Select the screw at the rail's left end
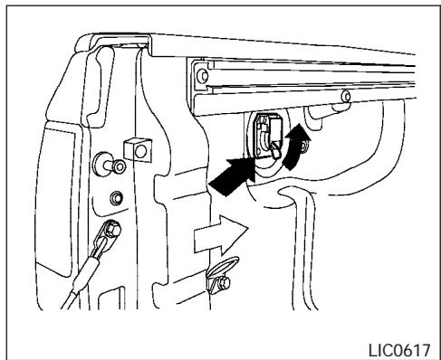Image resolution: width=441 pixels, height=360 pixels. pos(200,76)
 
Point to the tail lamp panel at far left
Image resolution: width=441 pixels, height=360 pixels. pos(48,181)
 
